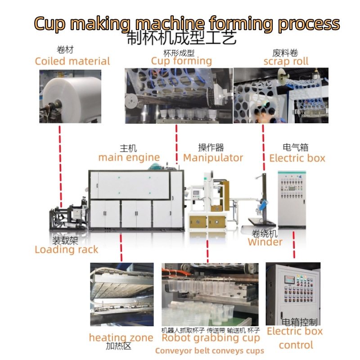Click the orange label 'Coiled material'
pos(72,61)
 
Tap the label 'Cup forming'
pos(181,61)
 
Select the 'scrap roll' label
pos(286,61)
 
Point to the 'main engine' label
pos(129,157)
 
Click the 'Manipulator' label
pos(213,157)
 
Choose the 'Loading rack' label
pos(66,249)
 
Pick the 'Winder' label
pos(265,242)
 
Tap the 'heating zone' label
pos(121,337)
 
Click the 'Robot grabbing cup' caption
pos(211,338)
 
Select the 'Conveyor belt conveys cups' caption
pos(210,351)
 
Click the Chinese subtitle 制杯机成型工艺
pos(181,38)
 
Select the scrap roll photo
pos(281,95)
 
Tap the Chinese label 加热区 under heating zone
pos(118,346)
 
